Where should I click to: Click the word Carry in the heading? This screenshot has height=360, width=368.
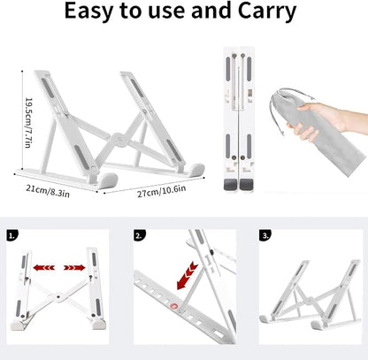tap(267, 11)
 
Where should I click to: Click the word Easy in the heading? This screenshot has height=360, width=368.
tap(88, 11)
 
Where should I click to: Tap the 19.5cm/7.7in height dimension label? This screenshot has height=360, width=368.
tap(28, 123)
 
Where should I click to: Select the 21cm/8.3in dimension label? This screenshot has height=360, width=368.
tap(48, 191)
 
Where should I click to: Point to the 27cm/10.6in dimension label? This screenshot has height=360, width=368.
tap(162, 191)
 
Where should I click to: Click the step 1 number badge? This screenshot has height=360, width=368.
tap(12, 235)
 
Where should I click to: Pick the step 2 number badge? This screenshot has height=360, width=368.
tap(140, 235)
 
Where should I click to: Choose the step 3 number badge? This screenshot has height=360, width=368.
tap(265, 235)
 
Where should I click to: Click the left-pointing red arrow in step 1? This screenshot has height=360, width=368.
tap(43, 268)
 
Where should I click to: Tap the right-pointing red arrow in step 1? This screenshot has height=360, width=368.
tap(74, 268)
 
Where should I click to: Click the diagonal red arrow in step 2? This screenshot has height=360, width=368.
tap(187, 275)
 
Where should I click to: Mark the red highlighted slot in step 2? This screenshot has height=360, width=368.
tap(174, 307)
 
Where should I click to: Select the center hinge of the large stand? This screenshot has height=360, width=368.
tap(119, 139)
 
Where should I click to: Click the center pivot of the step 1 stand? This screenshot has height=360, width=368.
tap(58, 297)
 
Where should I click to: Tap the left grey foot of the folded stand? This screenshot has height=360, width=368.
tap(230, 185)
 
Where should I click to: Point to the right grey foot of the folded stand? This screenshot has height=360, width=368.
tap(246, 185)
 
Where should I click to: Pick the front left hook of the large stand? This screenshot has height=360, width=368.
tap(107, 180)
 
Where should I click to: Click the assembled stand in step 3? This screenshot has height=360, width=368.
tap(310, 295)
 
